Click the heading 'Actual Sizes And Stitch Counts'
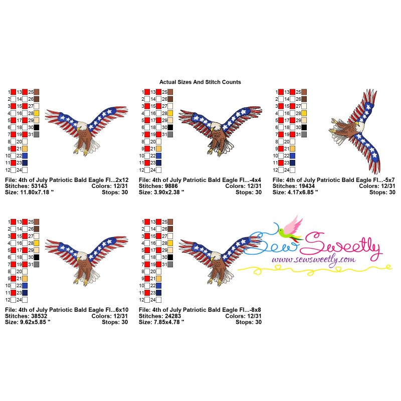pyautogui.click(x=200, y=82)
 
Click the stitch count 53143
pyautogui.click(x=39, y=186)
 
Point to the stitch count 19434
pyautogui.click(x=306, y=186)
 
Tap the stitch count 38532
pyautogui.click(x=39, y=316)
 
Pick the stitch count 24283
pyautogui.click(x=172, y=316)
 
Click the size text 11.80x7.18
pyautogui.click(x=35, y=192)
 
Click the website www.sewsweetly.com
pyautogui.click(x=314, y=260)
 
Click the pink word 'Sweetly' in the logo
pyautogui.click(x=341, y=246)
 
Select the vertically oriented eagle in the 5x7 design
pyautogui.click(x=355, y=131)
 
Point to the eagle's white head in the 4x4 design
pyautogui.click(x=216, y=126)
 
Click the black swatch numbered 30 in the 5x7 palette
pyautogui.click(x=304, y=127)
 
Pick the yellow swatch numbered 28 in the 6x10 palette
pyautogui.click(x=37, y=243)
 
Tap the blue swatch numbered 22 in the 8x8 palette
pyautogui.click(x=158, y=286)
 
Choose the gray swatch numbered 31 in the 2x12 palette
pyautogui.click(x=37, y=134)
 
